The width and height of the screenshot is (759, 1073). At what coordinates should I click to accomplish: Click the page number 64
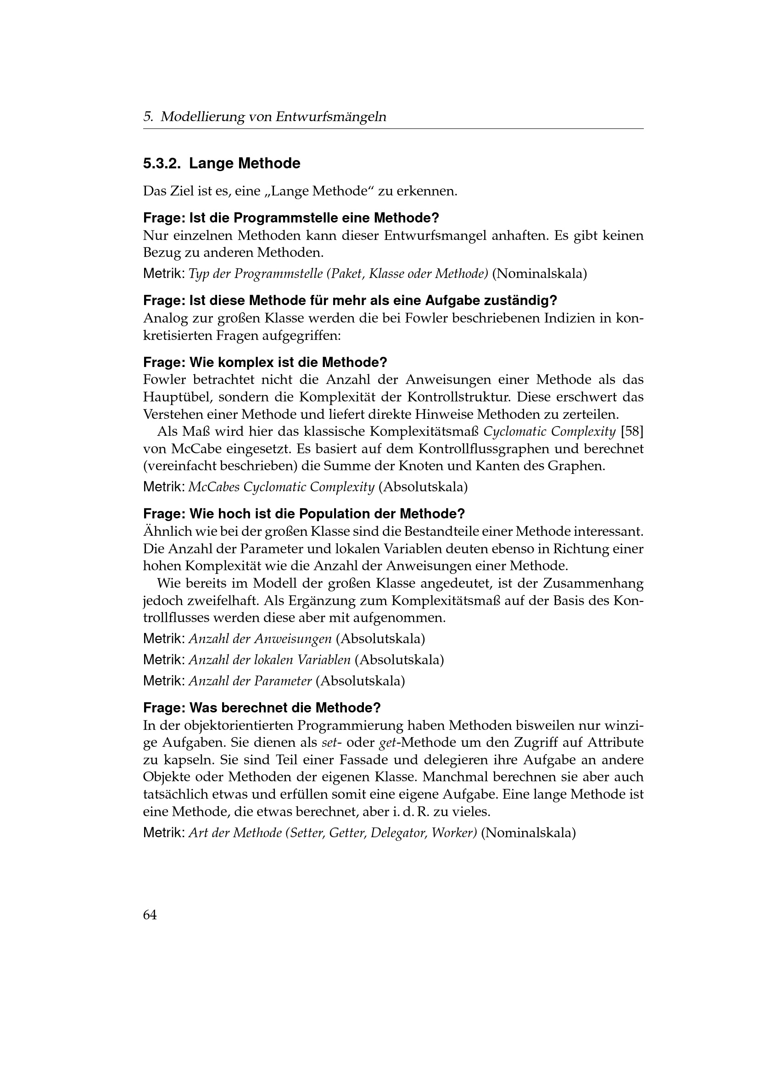tap(150, 915)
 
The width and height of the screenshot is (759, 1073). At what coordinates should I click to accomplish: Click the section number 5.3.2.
tap(162, 164)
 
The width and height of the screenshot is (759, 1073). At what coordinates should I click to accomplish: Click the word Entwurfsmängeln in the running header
tap(331, 117)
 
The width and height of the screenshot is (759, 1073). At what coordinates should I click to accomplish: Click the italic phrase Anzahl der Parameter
tap(250, 681)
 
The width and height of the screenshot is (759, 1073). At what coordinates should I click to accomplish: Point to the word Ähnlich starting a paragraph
tap(166, 531)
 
